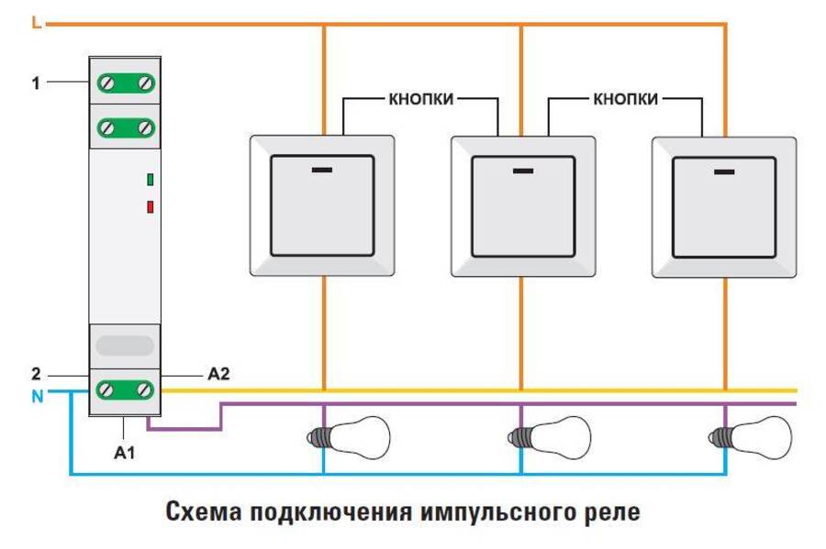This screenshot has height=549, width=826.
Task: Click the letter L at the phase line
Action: [x=35, y=23]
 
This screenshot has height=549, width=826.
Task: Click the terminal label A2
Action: [x=218, y=374]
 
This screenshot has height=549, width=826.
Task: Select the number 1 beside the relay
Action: [x=36, y=82]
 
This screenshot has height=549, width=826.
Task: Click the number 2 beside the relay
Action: [x=36, y=374]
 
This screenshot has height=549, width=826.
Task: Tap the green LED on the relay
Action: [x=149, y=179]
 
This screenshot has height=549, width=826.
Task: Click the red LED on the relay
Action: [x=149, y=206]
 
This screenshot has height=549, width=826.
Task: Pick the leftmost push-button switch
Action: [x=322, y=206]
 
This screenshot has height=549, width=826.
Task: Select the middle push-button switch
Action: [x=522, y=206]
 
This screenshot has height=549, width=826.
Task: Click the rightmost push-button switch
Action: [x=724, y=206]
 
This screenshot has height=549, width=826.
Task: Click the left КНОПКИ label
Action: [x=420, y=99]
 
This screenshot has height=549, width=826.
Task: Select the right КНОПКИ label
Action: [x=625, y=99]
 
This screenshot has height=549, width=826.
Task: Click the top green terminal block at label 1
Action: [x=125, y=83]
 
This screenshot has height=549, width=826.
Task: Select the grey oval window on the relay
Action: [x=125, y=346]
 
